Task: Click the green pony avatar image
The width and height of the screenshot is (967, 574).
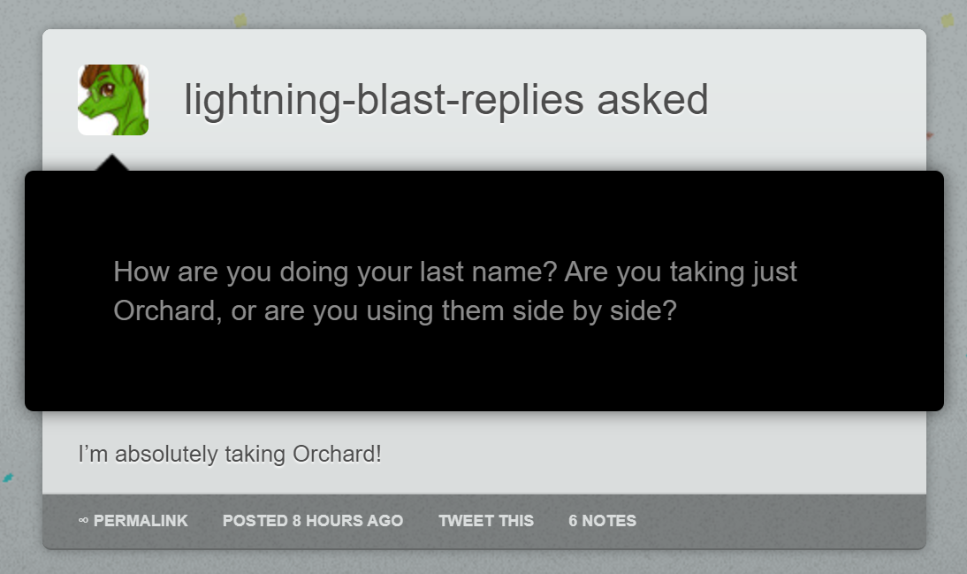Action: coord(113,99)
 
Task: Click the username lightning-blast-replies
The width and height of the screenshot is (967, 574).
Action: coord(384,100)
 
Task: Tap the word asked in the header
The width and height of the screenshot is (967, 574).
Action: coord(652,100)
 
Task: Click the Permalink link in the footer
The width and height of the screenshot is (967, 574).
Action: coord(141,521)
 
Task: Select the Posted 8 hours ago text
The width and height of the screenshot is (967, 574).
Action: coord(313,521)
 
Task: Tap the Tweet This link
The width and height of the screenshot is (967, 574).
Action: coord(486,521)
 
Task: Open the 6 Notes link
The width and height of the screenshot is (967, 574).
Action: coord(602,521)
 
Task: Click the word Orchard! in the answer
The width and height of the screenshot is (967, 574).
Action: coord(337,455)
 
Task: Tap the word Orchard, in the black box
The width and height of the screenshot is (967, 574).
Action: coord(168,310)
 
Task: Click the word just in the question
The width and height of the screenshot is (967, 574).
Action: coord(774,272)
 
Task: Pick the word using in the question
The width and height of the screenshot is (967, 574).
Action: coord(400,311)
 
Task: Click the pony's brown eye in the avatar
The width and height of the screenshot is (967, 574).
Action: coord(108,90)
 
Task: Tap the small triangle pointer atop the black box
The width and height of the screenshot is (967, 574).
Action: coord(111,163)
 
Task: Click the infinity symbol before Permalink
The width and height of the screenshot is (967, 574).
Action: coord(83,521)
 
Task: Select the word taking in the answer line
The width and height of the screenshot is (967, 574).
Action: coord(255,455)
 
